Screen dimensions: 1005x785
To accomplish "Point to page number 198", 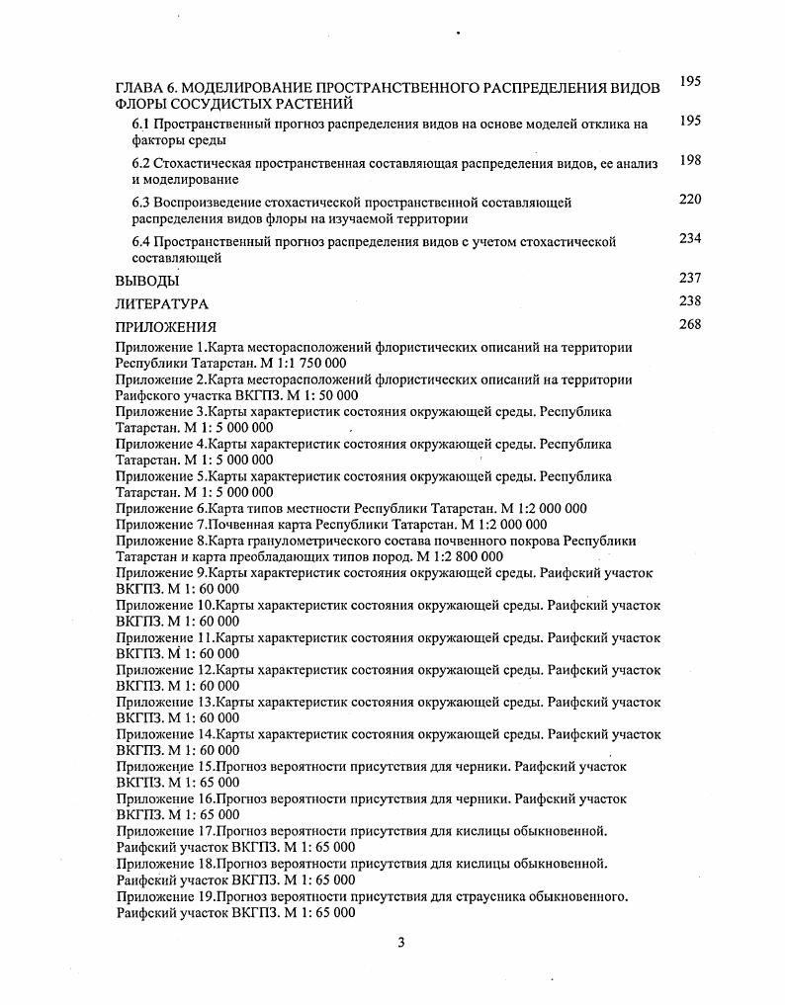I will click(690, 161).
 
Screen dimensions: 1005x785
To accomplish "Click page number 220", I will click(690, 200).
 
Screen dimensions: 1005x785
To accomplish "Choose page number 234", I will click(690, 238).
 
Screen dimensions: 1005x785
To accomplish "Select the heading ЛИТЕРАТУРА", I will click(162, 304).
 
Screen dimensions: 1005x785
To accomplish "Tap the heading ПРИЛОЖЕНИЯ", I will click(165, 327).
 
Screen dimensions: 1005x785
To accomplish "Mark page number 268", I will click(690, 324).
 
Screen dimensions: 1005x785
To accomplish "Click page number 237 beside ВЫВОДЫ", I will click(690, 278).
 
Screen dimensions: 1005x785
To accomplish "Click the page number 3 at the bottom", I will click(400, 942).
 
